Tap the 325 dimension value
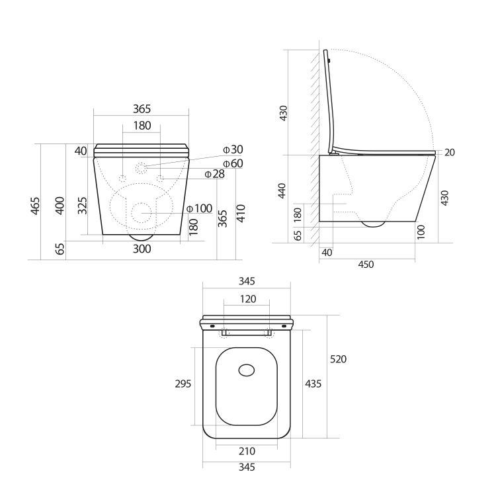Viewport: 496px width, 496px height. (x=82, y=207)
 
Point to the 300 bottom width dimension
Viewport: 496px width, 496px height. (x=142, y=249)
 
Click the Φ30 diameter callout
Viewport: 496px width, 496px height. (x=233, y=149)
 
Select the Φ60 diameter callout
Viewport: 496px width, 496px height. (x=233, y=163)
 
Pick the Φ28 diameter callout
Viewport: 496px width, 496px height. (x=214, y=174)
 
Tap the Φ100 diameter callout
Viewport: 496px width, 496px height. (x=199, y=209)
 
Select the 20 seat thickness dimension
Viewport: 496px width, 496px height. (x=450, y=152)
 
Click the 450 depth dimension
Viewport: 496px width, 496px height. (x=366, y=264)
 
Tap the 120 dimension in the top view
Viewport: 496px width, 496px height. (x=247, y=299)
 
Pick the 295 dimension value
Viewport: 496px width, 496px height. (x=183, y=384)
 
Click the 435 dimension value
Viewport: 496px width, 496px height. (x=313, y=384)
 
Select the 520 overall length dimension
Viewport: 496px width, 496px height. (x=337, y=359)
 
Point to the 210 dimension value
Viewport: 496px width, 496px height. (x=247, y=451)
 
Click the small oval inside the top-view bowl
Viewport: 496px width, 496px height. (x=247, y=370)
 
